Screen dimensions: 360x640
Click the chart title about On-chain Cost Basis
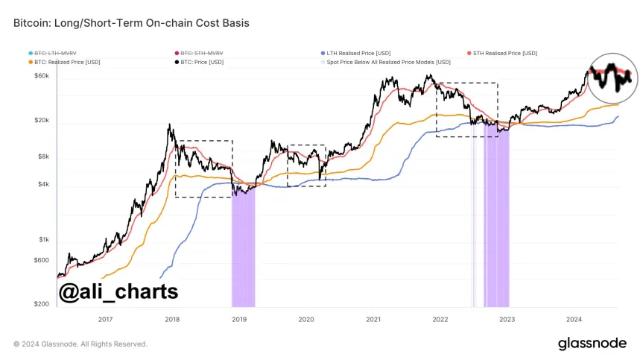tap(131, 23)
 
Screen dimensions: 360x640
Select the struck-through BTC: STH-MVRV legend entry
tap(197, 54)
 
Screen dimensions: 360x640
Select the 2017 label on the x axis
tap(105, 318)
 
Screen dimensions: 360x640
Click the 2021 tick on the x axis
tap(373, 318)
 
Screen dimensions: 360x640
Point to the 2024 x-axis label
tap(574, 318)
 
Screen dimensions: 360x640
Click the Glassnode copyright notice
tap(80, 344)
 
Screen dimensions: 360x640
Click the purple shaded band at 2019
tap(243, 253)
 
